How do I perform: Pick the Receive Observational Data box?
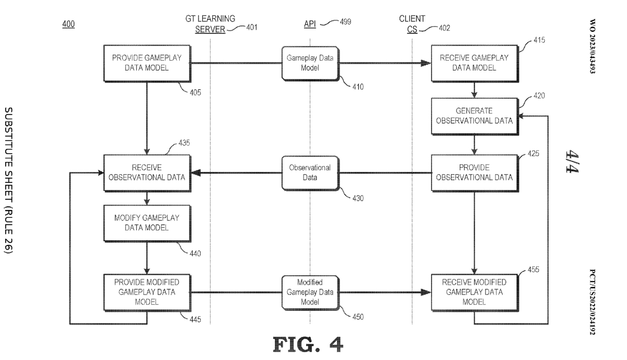pos(147,173)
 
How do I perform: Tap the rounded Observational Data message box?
pos(310,173)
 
